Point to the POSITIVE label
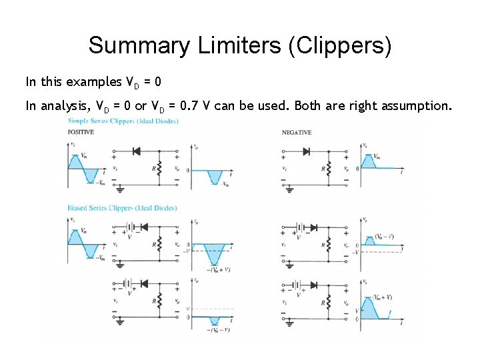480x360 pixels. point(81,132)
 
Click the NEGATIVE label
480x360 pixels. point(296,132)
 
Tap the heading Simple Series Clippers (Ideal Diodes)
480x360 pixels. point(118,120)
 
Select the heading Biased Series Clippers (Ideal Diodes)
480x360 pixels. point(121,208)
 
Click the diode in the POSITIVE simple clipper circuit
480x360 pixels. point(136,151)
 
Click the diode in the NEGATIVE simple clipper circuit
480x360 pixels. point(306,151)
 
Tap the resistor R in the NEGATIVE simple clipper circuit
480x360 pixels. point(329,169)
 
